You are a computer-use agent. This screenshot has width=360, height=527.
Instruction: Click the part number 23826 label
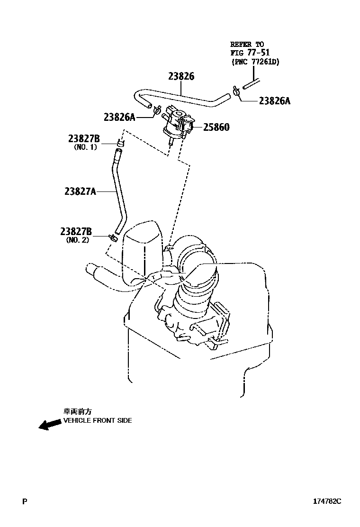tap(181, 76)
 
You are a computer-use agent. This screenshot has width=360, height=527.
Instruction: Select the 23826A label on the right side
tap(274, 100)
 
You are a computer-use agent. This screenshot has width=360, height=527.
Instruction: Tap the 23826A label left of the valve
tap(119, 117)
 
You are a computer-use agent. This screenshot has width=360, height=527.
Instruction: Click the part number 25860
tap(216, 127)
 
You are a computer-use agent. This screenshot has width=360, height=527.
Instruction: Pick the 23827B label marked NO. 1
tap(84, 138)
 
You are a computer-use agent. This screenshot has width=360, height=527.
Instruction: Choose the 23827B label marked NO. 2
tap(76, 232)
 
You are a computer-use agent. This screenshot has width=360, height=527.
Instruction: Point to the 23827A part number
tap(80, 191)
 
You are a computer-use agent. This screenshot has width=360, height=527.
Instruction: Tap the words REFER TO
tap(247, 44)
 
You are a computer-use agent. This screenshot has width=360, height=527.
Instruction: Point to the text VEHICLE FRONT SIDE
tap(98, 420)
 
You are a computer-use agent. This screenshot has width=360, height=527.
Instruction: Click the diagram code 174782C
tap(326, 501)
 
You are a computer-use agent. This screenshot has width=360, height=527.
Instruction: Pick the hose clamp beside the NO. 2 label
tap(113, 236)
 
